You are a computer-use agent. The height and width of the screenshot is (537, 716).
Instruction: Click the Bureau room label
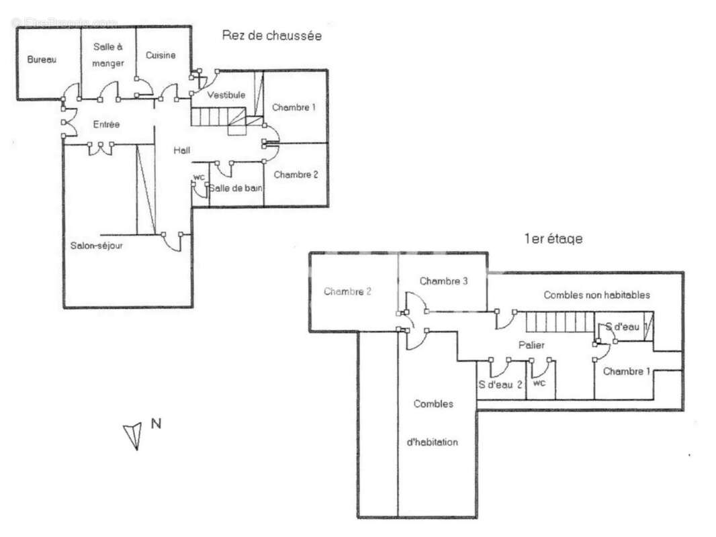pyautogui.click(x=42, y=60)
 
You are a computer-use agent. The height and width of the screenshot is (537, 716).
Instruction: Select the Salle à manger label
pyautogui.click(x=108, y=55)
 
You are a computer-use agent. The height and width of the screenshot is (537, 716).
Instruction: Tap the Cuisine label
pyautogui.click(x=161, y=56)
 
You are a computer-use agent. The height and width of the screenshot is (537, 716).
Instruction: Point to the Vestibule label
pyautogui.click(x=226, y=95)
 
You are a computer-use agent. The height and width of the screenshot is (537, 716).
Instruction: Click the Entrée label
pyautogui.click(x=107, y=124)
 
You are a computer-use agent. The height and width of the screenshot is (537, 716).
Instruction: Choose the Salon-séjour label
pyautogui.click(x=96, y=246)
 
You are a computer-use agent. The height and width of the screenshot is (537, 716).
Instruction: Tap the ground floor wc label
pyautogui.click(x=199, y=177)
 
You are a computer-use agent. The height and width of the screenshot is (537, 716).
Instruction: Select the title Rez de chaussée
pyautogui.click(x=271, y=36)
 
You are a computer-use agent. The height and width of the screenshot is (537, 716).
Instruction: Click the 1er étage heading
pyautogui.click(x=553, y=239)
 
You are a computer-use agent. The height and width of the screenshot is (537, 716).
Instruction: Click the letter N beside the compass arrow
pyautogui.click(x=156, y=424)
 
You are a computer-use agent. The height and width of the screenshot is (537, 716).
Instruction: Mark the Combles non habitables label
pyautogui.click(x=596, y=295)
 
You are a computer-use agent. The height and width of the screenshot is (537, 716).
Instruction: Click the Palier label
pyautogui.click(x=531, y=345)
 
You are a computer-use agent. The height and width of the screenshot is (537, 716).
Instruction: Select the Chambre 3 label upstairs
pyautogui.click(x=443, y=281)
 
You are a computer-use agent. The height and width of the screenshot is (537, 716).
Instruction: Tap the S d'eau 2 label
pyautogui.click(x=500, y=385)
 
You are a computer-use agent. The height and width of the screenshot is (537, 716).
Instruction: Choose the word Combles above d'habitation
pyautogui.click(x=433, y=403)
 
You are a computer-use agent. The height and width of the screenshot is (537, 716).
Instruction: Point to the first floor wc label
pyautogui.click(x=538, y=384)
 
